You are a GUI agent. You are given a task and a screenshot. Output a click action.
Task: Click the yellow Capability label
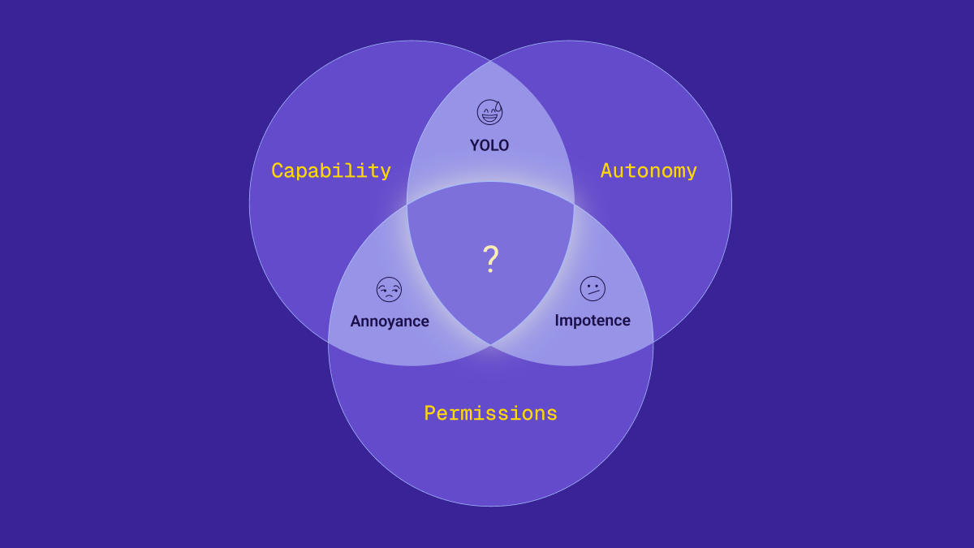point(331,170)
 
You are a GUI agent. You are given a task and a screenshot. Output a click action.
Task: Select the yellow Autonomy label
point(649,170)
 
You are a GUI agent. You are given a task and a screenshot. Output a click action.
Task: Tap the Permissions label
point(490,413)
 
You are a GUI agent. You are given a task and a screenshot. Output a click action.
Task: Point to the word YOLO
point(489,145)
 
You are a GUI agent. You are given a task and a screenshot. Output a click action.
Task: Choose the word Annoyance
point(390,321)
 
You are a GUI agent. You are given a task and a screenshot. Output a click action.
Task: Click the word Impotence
point(593,320)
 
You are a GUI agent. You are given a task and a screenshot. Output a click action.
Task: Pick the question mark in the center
point(490,259)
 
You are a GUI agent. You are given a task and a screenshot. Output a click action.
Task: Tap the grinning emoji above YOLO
point(489,112)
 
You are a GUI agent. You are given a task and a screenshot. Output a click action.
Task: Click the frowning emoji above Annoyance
point(389,289)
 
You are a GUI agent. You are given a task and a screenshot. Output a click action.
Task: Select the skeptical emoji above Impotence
point(593,288)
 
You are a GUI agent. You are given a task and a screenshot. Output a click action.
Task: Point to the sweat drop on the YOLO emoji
point(498,106)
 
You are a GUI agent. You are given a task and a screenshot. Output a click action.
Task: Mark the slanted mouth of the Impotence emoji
point(594,292)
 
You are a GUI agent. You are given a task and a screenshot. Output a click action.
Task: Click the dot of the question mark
point(490,271)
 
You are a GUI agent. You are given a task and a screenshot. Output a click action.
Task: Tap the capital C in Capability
point(277,170)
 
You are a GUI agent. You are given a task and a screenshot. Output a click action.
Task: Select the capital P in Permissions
point(429,413)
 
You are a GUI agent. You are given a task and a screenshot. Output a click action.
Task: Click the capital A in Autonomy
point(606,170)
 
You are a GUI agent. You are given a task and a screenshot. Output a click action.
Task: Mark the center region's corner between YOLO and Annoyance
point(407,205)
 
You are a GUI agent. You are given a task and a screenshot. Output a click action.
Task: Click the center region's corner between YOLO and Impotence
point(574,205)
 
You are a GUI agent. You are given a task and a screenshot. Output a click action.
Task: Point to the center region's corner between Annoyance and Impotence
point(490,345)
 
